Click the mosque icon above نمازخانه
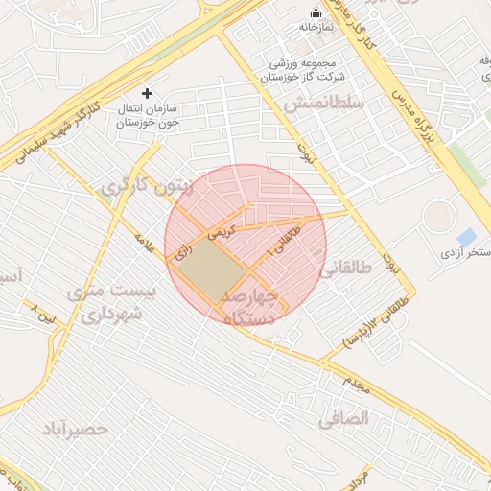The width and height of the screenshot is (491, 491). pos(316,12)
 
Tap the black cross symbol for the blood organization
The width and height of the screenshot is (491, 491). pos(147,93)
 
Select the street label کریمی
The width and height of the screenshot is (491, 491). pos(222,230)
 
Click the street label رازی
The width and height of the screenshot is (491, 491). pos(182,252)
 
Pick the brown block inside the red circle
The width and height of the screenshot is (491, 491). pos(210,268)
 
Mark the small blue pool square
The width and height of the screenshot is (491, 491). pos(466,236)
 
